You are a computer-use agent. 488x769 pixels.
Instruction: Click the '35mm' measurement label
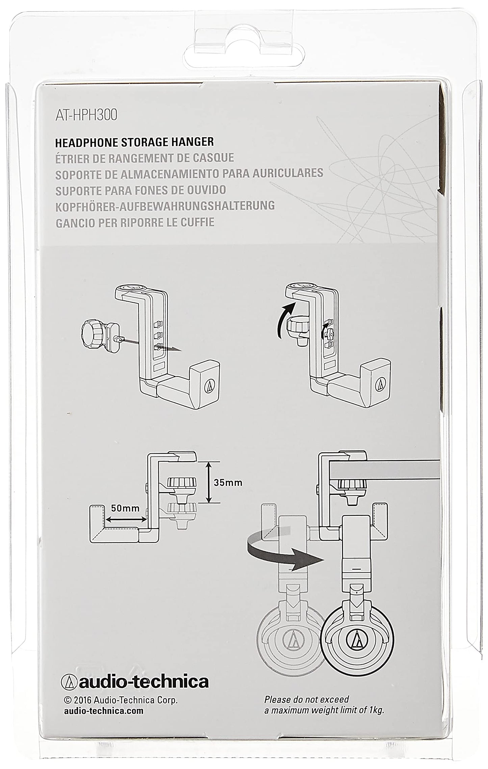tap(228, 482)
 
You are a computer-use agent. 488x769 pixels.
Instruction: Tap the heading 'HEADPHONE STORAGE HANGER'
tap(134, 142)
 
